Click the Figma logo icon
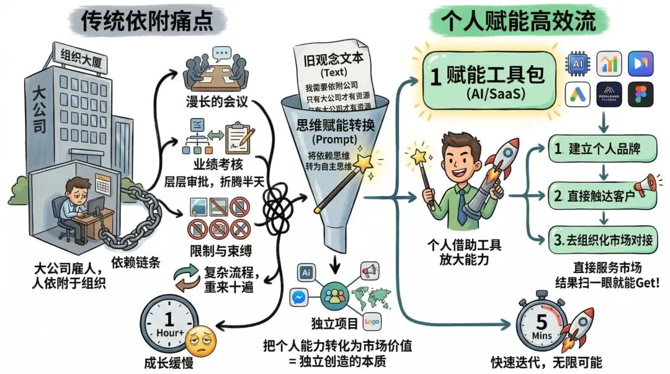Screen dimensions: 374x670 coord(641,95)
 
